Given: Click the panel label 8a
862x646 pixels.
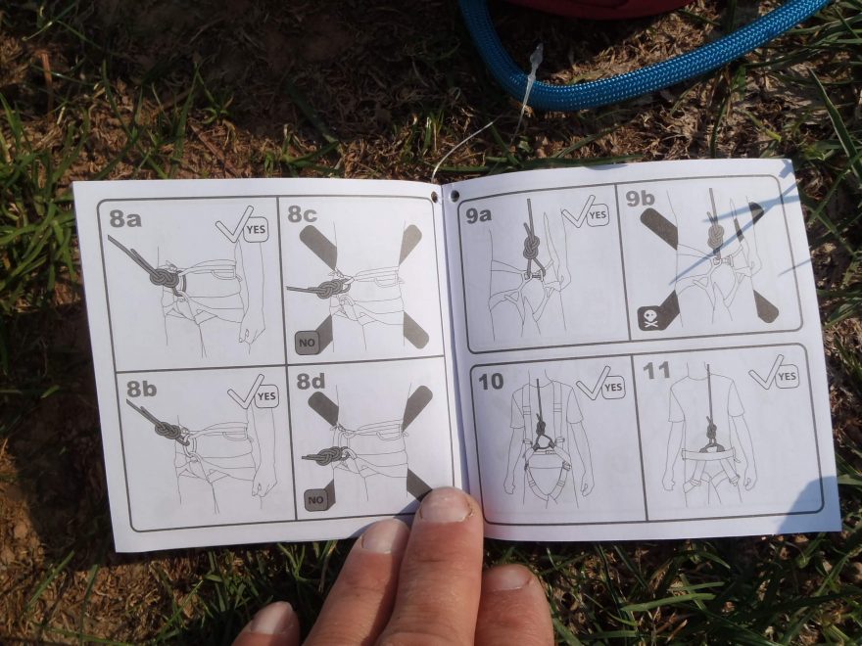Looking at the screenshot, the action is click(125, 218).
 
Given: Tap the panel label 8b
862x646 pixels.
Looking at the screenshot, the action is click(142, 389).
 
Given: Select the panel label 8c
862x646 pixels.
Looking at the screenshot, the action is click(302, 214).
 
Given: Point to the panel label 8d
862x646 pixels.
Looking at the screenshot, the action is click(311, 381).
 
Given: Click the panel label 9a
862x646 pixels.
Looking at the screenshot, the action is click(478, 215).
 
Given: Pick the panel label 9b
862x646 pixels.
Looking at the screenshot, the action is click(640, 199).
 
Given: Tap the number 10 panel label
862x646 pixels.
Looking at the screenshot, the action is click(491, 381).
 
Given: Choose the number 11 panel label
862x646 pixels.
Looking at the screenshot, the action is click(657, 370).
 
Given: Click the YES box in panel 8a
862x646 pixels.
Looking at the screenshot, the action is click(256, 230).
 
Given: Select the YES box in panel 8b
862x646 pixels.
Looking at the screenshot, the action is click(266, 396).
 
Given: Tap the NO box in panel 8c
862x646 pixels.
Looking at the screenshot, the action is click(307, 343).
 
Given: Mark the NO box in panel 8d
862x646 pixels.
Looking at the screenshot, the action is click(315, 500).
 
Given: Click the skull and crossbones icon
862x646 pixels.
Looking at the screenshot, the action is click(650, 319).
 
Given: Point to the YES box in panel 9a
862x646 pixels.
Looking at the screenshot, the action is click(598, 215).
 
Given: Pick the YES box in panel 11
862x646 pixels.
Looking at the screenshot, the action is click(787, 376).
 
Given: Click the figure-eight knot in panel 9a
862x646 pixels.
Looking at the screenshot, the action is click(532, 246).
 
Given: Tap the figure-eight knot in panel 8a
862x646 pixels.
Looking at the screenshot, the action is click(165, 277).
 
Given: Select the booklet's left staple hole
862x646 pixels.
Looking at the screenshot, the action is click(435, 196).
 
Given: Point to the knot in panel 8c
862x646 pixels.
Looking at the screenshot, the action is click(329, 288).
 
